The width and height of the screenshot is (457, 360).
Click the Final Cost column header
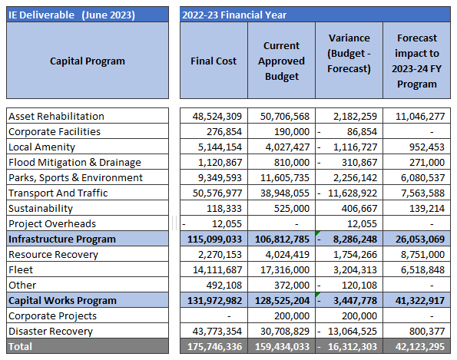click(214, 61)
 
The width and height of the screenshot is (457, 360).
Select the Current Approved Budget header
click(281, 61)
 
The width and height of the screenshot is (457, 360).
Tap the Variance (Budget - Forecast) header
click(349, 53)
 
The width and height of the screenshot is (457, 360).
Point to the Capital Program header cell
click(88, 61)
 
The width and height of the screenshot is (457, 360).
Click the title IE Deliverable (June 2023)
click(71, 15)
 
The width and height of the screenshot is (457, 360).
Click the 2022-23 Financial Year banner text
click(234, 15)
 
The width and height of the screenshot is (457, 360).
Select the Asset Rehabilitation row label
click(56, 116)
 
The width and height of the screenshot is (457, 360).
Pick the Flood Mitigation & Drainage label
click(75, 162)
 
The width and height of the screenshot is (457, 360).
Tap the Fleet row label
click(21, 269)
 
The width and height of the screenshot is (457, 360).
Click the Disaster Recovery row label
click(51, 331)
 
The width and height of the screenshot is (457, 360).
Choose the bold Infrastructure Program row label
click(62, 239)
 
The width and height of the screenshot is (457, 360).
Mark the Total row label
click(20, 347)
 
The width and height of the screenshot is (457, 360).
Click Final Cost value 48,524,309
click(217, 117)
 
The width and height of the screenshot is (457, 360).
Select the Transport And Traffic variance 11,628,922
click(353, 193)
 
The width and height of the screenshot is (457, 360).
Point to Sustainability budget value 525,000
click(291, 209)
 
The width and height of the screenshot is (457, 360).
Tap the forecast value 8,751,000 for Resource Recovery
click(422, 255)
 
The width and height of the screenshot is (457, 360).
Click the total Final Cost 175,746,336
click(214, 347)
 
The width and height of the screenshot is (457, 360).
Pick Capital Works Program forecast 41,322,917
click(420, 301)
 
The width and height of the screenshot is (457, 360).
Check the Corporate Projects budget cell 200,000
click(291, 316)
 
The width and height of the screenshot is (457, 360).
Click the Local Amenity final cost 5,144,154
click(220, 147)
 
